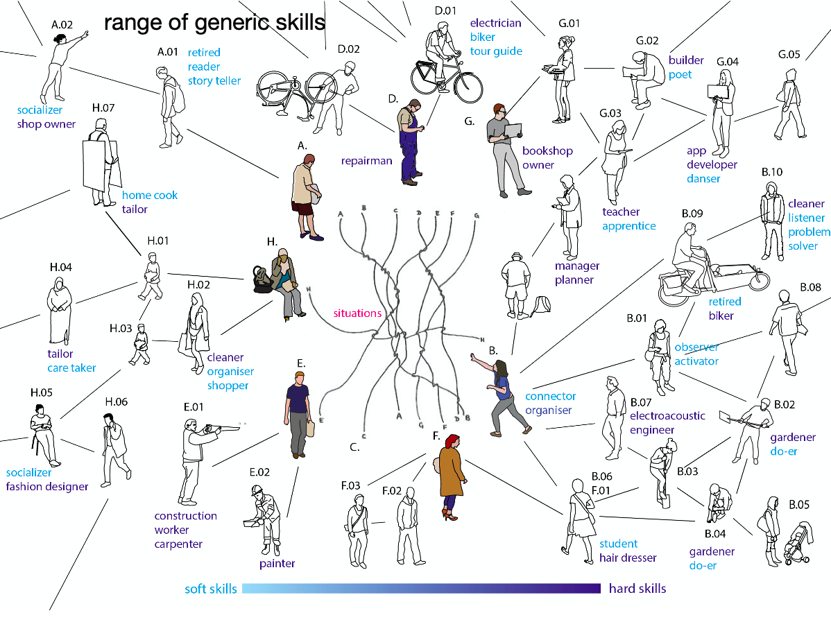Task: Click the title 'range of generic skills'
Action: click(214, 23)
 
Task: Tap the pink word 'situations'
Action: click(357, 313)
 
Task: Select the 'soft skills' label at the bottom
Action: click(210, 589)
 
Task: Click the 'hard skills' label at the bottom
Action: click(637, 588)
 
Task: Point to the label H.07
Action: click(103, 107)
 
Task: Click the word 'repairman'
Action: click(366, 161)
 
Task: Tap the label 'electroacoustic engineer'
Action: click(667, 423)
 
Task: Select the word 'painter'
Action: click(277, 563)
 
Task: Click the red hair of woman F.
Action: click(452, 441)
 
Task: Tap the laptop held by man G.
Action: click(513, 130)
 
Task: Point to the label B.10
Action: click(771, 172)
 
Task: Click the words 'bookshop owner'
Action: click(547, 158)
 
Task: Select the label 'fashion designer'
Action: click(47, 486)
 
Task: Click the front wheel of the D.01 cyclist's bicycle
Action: click(468, 87)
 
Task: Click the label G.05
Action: click(789, 54)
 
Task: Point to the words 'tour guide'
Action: click(496, 51)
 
